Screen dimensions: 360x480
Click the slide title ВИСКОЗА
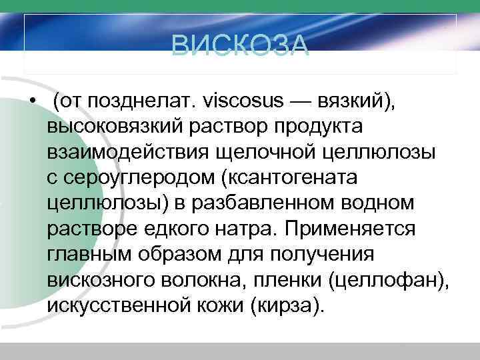pyautogui.click(x=240, y=46)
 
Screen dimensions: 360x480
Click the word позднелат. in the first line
pyautogui.click(x=139, y=101)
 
